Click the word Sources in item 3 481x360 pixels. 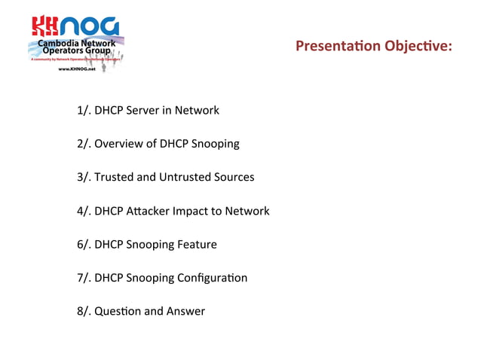pyautogui.click(x=234, y=177)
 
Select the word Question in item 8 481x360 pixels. pyautogui.click(x=119, y=311)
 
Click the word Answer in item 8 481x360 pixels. pyautogui.click(x=187, y=311)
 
